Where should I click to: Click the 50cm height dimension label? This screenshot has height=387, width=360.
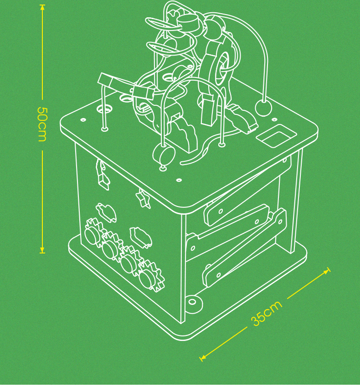41,124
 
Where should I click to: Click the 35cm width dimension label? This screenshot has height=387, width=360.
267,313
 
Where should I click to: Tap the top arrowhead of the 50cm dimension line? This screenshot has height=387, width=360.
42,7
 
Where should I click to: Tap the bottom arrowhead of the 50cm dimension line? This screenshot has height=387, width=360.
42,250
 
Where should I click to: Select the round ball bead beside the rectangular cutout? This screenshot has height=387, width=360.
263,108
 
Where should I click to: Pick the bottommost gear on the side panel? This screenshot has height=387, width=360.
149,276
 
